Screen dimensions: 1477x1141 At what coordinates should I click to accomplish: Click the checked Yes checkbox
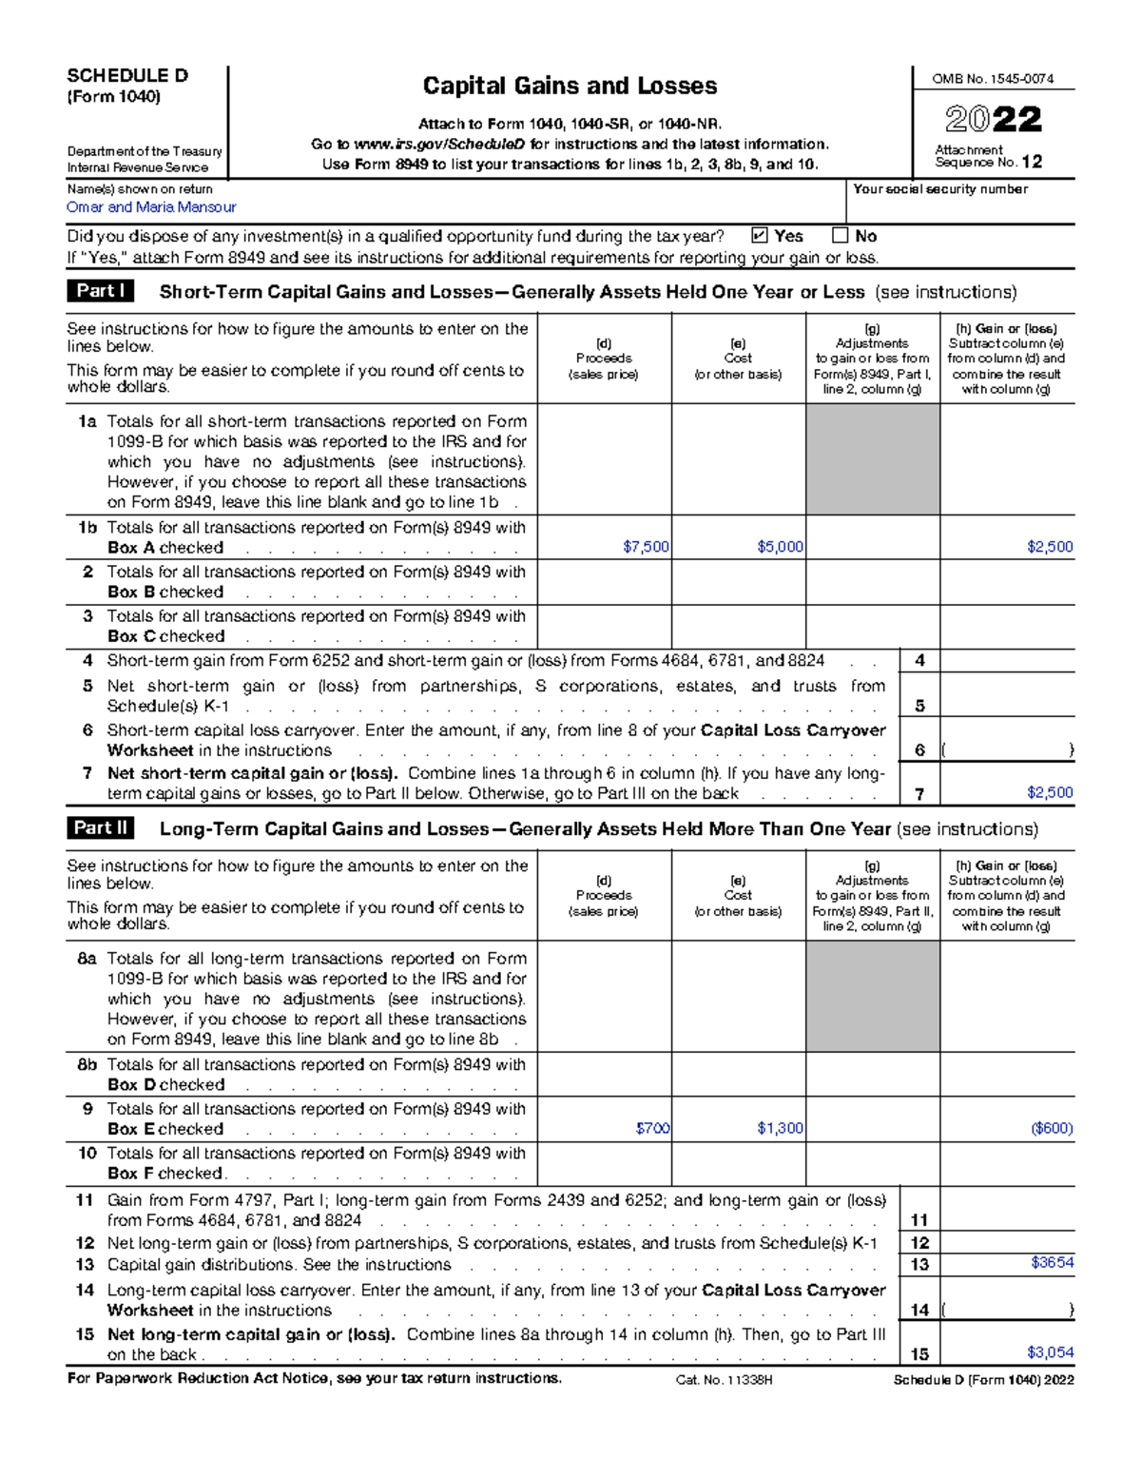point(759,236)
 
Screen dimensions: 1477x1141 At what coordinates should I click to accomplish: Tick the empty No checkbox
point(840,236)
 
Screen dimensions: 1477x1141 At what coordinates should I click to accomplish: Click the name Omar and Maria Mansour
point(151,207)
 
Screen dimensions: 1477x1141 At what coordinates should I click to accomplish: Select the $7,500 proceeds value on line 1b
point(646,547)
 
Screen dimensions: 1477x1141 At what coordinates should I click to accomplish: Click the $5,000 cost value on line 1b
point(780,547)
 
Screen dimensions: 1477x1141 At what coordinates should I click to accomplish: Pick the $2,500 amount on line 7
point(1050,792)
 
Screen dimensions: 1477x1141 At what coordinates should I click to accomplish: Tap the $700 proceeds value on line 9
point(652,1128)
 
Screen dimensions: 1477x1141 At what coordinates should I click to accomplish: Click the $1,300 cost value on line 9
point(780,1128)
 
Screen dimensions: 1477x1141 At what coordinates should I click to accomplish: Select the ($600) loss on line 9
point(1052,1128)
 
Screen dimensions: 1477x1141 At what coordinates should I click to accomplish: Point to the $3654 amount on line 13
point(1052,1263)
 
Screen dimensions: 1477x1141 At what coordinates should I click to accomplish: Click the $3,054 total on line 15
point(1050,1352)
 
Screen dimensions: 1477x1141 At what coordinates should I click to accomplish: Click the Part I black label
point(100,291)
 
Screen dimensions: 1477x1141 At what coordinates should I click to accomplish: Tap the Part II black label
point(101,828)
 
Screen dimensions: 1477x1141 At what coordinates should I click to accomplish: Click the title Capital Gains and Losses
point(570,86)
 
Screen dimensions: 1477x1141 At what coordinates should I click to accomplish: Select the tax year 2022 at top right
point(994,120)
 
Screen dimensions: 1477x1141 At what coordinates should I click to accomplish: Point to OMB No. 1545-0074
point(993,79)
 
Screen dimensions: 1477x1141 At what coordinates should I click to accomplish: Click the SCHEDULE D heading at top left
point(127,76)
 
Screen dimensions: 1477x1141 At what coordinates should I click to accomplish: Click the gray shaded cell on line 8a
point(873,996)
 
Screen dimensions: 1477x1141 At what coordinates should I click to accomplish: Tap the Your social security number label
point(939,189)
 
